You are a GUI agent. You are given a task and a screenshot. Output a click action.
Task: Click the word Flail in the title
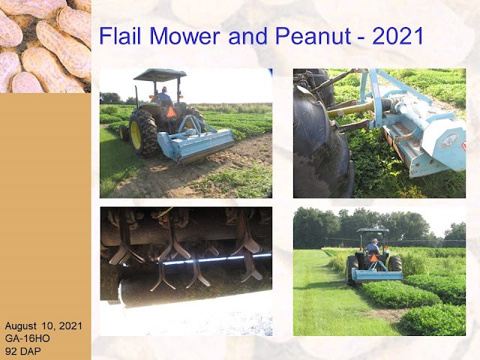(120, 36)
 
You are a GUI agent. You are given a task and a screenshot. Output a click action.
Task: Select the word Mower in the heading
(184, 36)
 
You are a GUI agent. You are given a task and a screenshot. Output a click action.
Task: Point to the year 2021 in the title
(397, 36)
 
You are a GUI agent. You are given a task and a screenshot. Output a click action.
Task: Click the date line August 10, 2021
(43, 326)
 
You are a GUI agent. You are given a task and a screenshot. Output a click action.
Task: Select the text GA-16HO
(27, 338)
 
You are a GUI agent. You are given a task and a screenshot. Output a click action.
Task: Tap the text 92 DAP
(22, 351)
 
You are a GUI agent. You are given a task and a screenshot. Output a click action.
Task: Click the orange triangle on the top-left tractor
(172, 112)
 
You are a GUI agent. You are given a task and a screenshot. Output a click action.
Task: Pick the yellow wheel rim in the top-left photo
(136, 135)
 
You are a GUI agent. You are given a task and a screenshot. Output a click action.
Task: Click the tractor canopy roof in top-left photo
(160, 75)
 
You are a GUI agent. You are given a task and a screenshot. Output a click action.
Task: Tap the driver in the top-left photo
(163, 97)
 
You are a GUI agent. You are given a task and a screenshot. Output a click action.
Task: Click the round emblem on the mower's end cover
(449, 140)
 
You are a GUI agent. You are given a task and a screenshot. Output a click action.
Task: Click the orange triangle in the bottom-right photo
(373, 258)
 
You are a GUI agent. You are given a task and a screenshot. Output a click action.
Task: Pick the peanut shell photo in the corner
(45, 46)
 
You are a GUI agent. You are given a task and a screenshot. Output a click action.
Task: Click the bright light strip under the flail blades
(217, 259)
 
